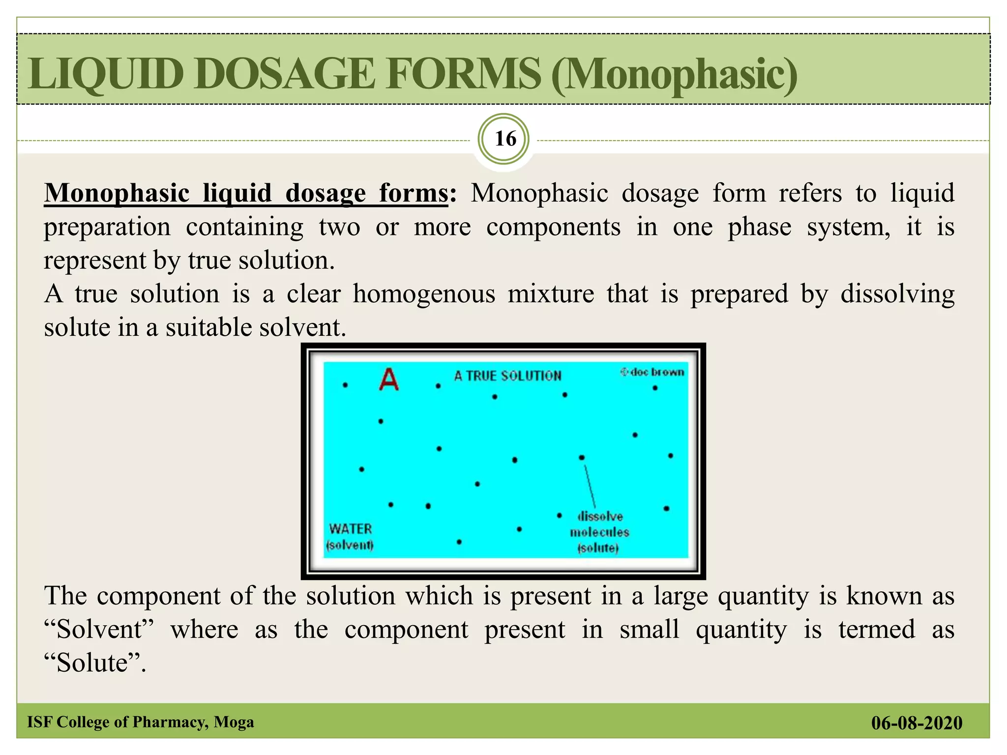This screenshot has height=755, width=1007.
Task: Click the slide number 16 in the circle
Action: [x=505, y=139]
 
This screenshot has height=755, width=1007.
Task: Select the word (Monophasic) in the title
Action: [x=674, y=75]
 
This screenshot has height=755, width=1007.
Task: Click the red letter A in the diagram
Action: [x=389, y=379]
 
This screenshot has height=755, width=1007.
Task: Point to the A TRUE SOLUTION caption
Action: [x=507, y=376]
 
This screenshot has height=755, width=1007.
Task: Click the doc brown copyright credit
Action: [x=652, y=372]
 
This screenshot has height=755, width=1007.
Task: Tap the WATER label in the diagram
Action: [x=351, y=529]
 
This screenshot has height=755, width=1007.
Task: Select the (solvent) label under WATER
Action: [x=350, y=545]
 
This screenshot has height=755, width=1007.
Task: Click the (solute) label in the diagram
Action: [x=598, y=548]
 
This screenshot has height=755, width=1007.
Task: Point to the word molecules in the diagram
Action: [x=599, y=532]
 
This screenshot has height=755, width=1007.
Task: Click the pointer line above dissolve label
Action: [x=590, y=486]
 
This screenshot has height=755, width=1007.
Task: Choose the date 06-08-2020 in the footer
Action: [x=917, y=723]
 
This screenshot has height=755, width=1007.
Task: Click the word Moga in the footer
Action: [x=234, y=722]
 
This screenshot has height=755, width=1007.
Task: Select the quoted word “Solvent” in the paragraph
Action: [x=99, y=630]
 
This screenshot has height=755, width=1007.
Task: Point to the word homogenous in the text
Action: [x=424, y=294]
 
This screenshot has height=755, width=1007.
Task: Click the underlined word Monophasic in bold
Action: [x=117, y=193]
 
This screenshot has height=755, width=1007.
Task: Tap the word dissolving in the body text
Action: [x=897, y=294]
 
